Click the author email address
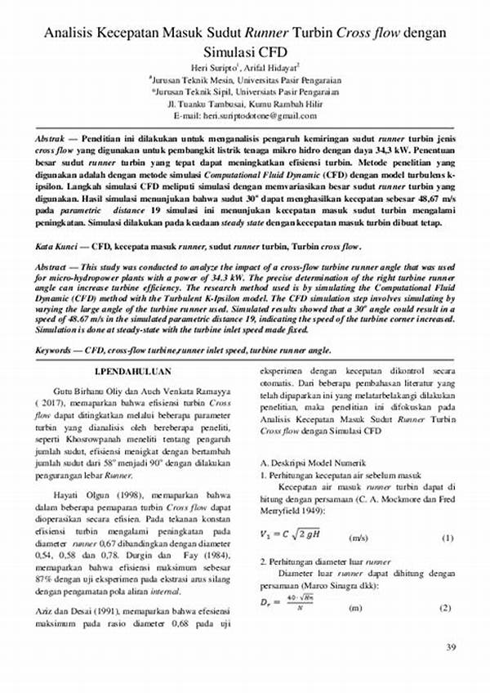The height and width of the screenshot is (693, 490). point(245,118)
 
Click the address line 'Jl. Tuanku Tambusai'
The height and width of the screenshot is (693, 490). point(245,105)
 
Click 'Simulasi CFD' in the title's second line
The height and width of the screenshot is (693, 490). point(245,51)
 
